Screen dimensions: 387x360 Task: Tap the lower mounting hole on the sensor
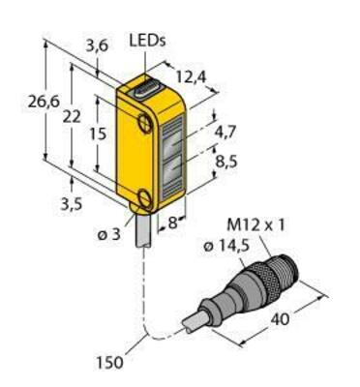coord(144,199)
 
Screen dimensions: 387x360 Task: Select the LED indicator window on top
coord(149,88)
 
